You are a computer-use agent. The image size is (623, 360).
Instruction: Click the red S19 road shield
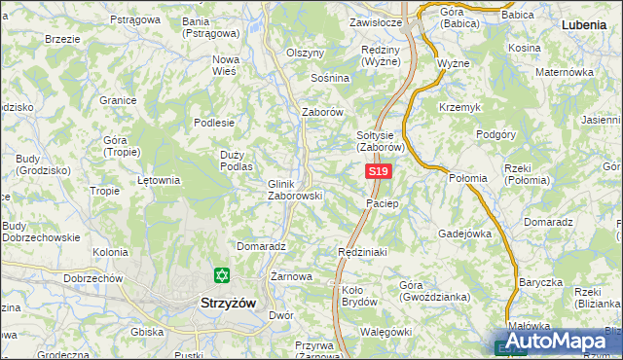pyautogui.click(x=380, y=172)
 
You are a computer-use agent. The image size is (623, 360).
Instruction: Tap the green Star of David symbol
pyautogui.click(x=222, y=276)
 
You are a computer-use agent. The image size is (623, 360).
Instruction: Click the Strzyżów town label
pyautogui.click(x=227, y=303)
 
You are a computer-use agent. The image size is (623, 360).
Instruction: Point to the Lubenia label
pyautogui.click(x=588, y=21)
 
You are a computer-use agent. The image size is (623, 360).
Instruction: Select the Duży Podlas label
pyautogui.click(x=237, y=161)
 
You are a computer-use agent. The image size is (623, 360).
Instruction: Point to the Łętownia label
pyautogui.click(x=159, y=180)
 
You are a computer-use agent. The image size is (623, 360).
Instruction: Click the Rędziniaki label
pyautogui.click(x=362, y=251)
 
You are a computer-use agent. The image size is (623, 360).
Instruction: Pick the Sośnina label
pyautogui.click(x=329, y=77)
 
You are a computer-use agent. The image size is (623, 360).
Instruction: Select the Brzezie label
pyautogui.click(x=62, y=39)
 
